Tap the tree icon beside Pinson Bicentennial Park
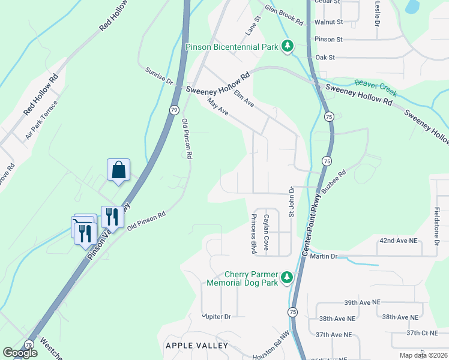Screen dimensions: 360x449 click(x=288, y=46)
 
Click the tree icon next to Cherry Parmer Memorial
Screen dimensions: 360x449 click(x=288, y=277)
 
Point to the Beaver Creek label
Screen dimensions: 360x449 click(x=376, y=88)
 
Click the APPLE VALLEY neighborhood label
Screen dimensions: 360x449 click(x=196, y=346)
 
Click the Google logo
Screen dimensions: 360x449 click(x=20, y=353)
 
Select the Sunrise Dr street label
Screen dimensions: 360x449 click(x=159, y=76)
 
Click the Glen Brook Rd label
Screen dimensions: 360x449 click(x=284, y=15)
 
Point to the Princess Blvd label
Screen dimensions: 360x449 click(x=254, y=232)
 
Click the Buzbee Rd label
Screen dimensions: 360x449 click(x=334, y=180)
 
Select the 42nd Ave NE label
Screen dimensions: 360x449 click(x=397, y=240)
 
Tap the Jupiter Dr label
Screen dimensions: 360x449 click(x=217, y=316)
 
